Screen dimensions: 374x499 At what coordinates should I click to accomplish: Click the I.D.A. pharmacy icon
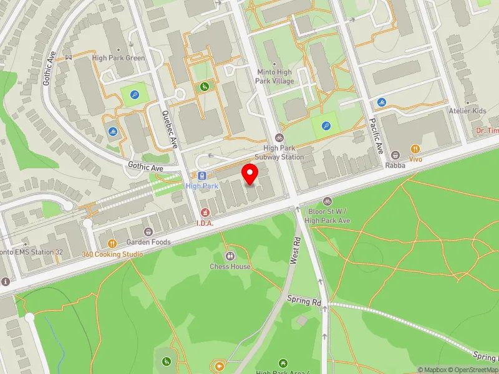[205, 213]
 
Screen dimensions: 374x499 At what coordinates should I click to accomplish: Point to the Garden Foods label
[148, 242]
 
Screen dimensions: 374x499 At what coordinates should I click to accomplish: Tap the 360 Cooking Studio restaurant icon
[112, 244]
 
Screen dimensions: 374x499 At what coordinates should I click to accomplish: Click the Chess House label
[230, 267]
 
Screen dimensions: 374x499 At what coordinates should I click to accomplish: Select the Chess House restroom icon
[230, 256]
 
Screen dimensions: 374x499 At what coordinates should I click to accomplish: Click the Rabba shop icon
[395, 155]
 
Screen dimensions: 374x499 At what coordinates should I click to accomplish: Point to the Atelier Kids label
[467, 111]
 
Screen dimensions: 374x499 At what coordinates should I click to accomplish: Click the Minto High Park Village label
[275, 77]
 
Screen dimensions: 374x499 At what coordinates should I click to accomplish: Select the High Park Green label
[118, 58]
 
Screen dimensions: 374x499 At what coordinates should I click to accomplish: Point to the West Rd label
[296, 250]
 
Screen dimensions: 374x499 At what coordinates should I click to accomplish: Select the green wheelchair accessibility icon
[204, 87]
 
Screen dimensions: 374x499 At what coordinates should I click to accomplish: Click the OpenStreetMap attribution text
[476, 370]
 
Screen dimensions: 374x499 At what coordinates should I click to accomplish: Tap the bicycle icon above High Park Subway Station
[279, 138]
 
